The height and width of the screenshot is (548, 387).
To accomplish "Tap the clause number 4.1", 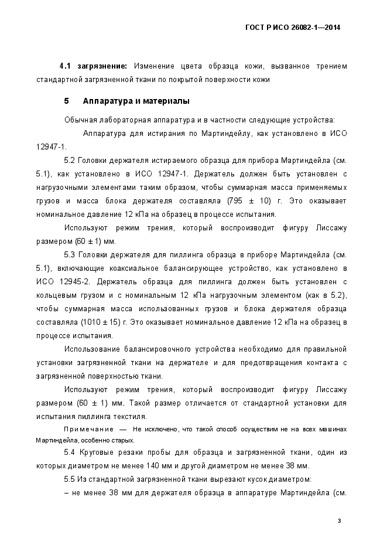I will [x=66, y=66].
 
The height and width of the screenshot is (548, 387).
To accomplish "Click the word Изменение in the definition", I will [x=155, y=66].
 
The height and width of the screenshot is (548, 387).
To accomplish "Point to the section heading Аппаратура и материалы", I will [x=136, y=101].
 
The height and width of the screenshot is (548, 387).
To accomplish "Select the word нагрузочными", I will [x=63, y=188].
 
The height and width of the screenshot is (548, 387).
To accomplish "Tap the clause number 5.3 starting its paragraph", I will [x=70, y=255].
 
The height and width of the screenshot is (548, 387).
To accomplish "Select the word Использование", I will [x=91, y=349].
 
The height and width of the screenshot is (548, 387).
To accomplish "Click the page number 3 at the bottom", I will [x=339, y=521].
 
